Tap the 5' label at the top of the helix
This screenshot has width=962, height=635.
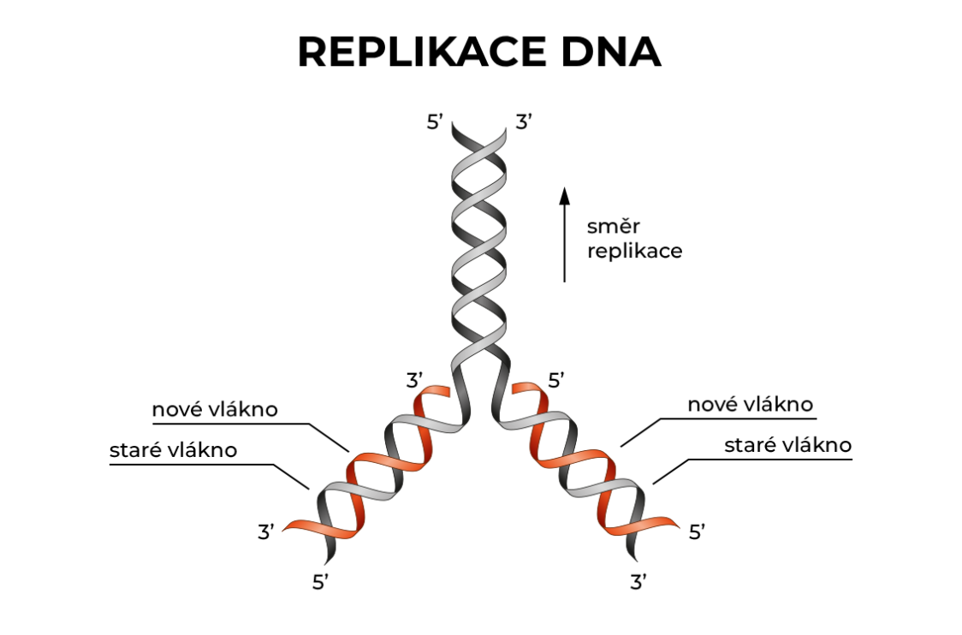point(436,122)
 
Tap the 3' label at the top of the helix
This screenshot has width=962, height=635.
point(525,122)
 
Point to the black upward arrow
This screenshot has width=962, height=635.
point(564,234)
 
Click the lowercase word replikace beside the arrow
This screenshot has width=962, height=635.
point(634,252)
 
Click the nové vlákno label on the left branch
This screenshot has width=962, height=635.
point(215,409)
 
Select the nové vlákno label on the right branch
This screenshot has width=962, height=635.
point(750,404)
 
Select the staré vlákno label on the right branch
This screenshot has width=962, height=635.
point(787,445)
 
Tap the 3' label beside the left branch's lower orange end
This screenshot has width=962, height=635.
point(266,532)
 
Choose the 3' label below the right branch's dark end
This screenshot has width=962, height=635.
point(638,584)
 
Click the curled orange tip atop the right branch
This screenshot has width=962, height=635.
point(525,392)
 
